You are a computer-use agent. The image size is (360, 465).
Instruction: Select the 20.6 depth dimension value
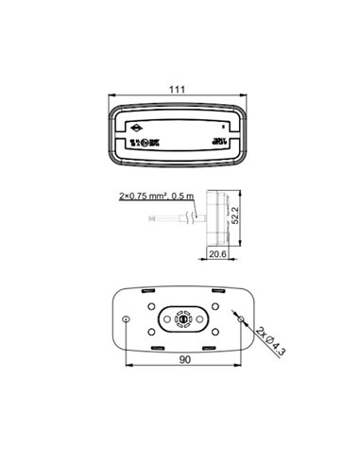pos(217,253)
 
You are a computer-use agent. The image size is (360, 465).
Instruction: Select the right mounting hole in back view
pos(238,319)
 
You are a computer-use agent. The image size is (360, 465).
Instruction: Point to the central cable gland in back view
pos(181,320)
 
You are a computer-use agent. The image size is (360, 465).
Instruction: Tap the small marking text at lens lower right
pos(219,142)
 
